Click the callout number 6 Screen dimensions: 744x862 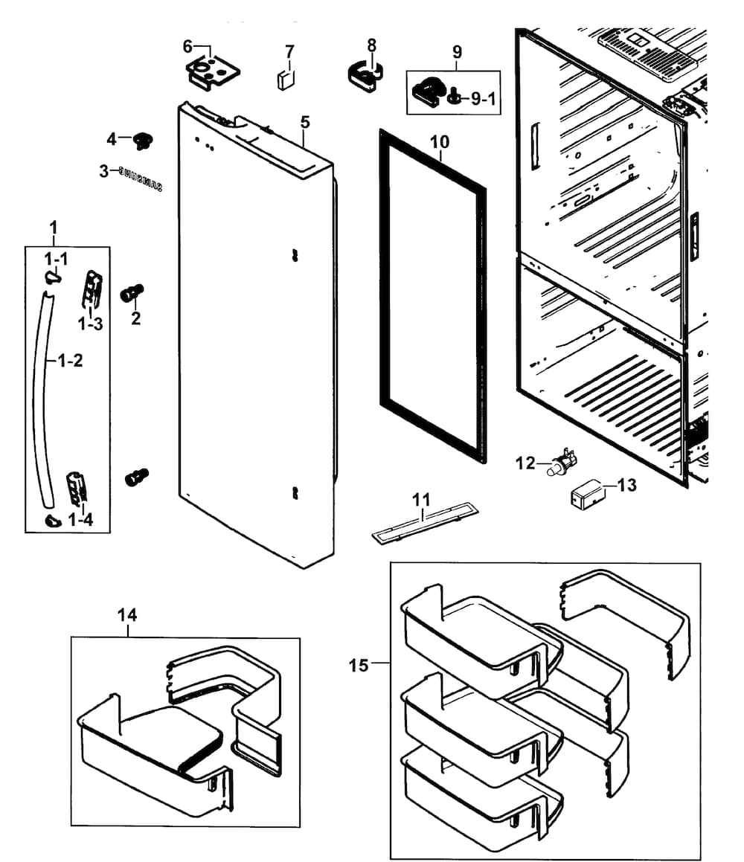tap(187, 47)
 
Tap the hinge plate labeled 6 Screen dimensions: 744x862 tap(214, 73)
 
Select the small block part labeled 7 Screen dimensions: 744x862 tap(286, 80)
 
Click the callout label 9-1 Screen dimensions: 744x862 tap(484, 99)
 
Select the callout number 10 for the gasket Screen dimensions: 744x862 tap(440, 142)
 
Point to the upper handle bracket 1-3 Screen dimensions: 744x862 tap(92, 289)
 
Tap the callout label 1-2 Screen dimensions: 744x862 tap(71, 361)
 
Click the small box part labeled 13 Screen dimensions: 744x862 tap(587, 494)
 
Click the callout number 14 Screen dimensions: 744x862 tap(127, 615)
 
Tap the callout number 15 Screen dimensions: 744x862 tap(359, 665)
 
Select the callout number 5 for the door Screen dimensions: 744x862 tap(305, 122)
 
